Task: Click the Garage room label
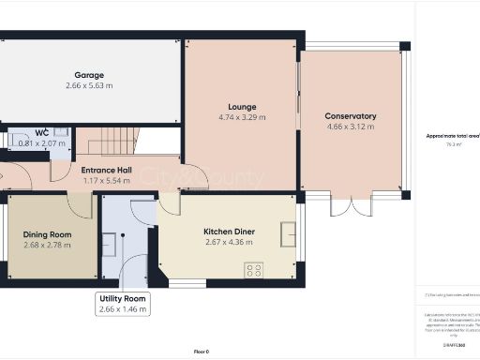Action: [89, 75]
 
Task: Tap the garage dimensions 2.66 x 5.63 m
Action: [89, 86]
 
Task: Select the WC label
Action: [42, 132]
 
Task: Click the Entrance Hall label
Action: [106, 171]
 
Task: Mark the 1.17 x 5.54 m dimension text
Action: [106, 182]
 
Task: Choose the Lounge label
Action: [241, 107]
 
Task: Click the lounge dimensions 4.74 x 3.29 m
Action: [241, 118]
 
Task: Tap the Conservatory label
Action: [351, 116]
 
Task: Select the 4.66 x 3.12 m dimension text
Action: [351, 127]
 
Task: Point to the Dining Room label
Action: [47, 233]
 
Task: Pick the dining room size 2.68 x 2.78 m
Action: [47, 245]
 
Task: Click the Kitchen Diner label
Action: [230, 231]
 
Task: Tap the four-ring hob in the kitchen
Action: [253, 270]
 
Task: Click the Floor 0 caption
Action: [201, 351]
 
